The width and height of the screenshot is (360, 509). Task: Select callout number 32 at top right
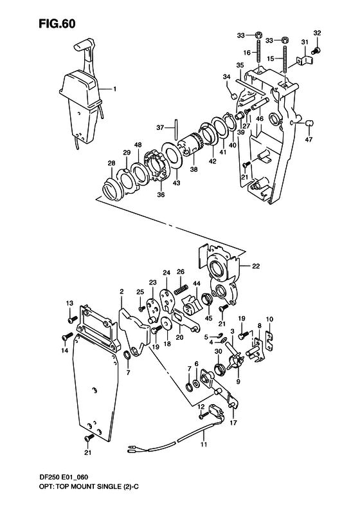point(317,32)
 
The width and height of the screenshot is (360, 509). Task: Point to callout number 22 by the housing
point(256,266)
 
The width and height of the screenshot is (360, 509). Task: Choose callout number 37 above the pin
point(160,127)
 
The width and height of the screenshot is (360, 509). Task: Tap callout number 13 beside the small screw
point(69,302)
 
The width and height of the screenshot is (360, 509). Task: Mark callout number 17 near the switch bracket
point(233,423)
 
